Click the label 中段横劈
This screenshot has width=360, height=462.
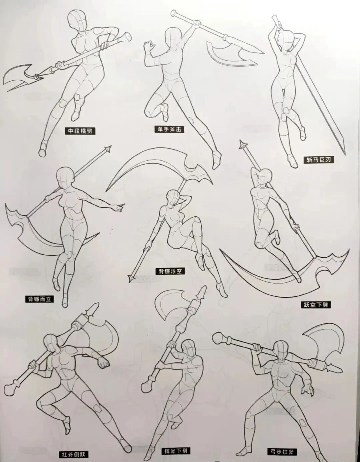(80, 131)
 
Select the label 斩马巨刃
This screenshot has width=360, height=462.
(318, 160)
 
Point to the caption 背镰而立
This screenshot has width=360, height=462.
(39, 299)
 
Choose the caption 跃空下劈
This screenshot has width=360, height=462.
(315, 304)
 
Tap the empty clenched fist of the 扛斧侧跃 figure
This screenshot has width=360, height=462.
(103, 362)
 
